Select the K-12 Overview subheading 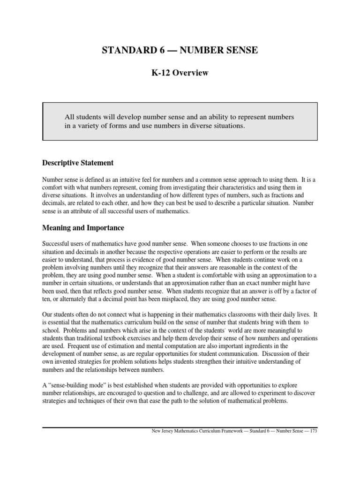coord(180,74)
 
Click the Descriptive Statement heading coord(78,163)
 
